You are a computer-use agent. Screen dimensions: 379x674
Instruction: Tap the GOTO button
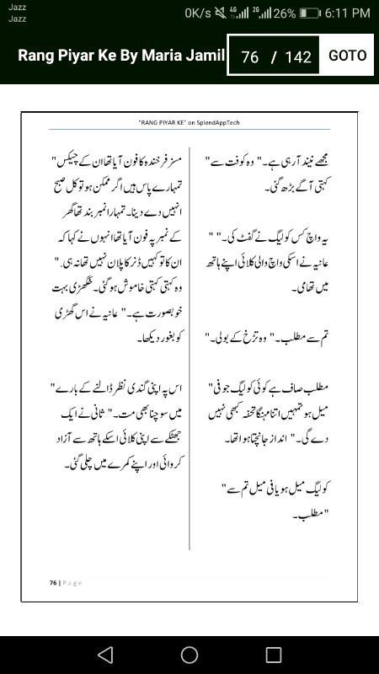click(x=347, y=56)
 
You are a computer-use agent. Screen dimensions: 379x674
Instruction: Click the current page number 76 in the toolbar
click(x=249, y=57)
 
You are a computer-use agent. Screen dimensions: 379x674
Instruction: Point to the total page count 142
click(x=298, y=57)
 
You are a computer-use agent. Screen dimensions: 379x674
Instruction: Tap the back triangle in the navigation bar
click(x=104, y=655)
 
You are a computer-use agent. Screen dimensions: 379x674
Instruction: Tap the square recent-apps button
click(x=274, y=655)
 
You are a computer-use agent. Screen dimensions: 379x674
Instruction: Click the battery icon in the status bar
click(x=310, y=13)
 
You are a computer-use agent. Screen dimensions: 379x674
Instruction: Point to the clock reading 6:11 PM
click(x=347, y=13)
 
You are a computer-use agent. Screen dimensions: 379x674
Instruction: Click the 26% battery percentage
click(x=284, y=13)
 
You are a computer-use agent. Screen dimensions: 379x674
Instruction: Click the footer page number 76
click(x=52, y=583)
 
